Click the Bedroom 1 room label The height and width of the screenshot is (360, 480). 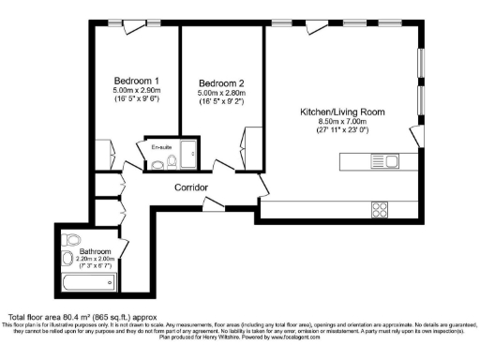coord(135,79)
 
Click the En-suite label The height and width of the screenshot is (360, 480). coord(161,146)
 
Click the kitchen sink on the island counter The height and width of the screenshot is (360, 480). coord(383,160)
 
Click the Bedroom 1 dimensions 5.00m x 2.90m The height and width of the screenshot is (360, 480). coord(135,90)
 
